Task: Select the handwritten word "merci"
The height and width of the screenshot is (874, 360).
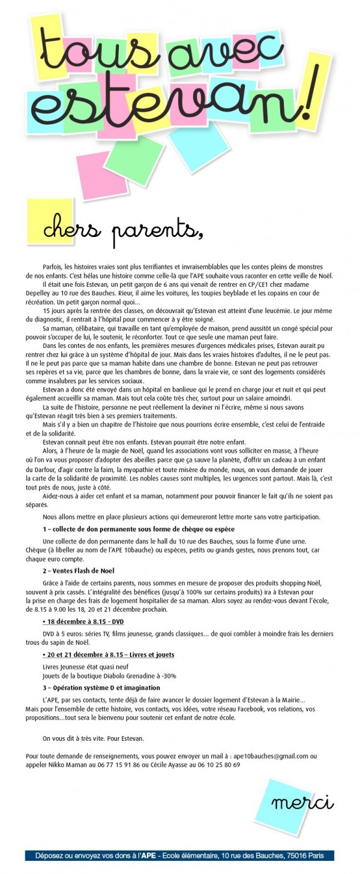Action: click(302, 803)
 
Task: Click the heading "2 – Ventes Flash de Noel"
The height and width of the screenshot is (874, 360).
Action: click(78, 570)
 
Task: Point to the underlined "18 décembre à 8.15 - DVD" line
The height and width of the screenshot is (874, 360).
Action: click(83, 621)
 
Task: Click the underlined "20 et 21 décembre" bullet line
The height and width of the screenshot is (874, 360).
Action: click(109, 654)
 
